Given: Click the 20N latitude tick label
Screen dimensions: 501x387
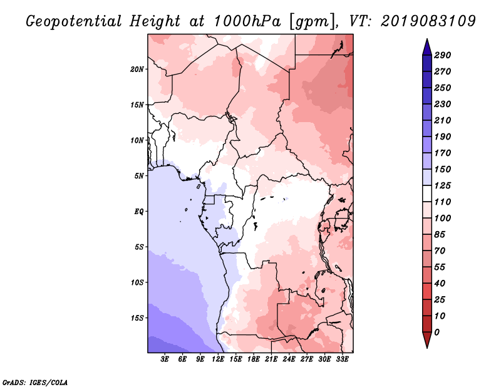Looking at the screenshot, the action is (137, 70).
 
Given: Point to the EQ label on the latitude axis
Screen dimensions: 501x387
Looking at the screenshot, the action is (139, 212).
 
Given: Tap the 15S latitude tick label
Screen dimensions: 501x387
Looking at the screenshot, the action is (137, 318).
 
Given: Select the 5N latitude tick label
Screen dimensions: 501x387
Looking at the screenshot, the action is (139, 176).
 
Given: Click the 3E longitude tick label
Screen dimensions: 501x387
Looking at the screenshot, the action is (165, 359).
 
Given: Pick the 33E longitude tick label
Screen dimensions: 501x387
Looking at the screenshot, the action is (342, 359).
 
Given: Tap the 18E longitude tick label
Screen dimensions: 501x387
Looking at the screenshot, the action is (254, 359).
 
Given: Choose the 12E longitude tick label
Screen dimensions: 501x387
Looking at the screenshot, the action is (218, 359).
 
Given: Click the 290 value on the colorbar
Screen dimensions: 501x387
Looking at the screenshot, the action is (443, 55).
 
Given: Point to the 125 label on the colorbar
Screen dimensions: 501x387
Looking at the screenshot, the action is (443, 185).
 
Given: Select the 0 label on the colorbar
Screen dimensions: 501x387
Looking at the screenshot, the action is (437, 333).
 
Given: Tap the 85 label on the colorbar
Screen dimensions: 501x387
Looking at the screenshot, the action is (440, 235).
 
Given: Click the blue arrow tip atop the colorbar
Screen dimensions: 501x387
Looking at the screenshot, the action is (427, 39).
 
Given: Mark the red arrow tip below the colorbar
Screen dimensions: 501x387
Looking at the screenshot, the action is (427, 348).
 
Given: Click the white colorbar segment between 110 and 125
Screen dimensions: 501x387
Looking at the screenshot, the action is (427, 194).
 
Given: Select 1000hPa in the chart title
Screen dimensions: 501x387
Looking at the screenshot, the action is (247, 21).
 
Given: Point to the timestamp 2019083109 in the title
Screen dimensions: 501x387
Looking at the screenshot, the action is (428, 21).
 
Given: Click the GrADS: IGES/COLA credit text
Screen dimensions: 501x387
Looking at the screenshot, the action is (35, 383).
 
